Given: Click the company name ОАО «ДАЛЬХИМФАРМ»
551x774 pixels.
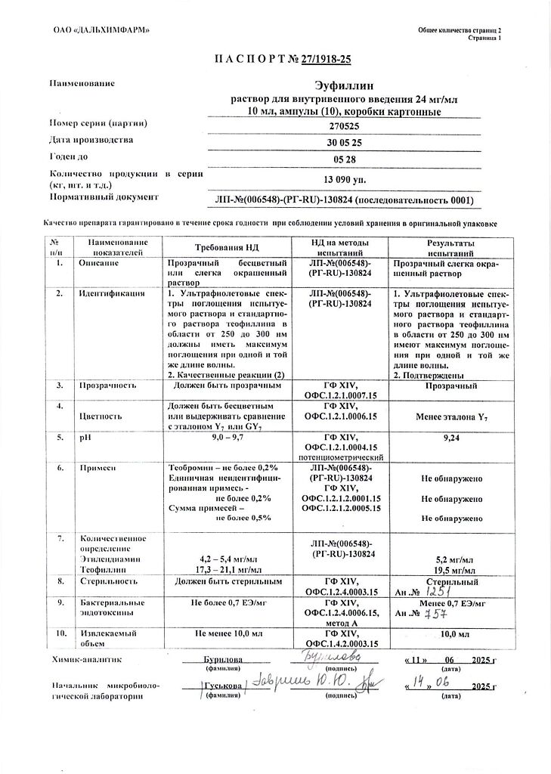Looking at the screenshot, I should (97, 29).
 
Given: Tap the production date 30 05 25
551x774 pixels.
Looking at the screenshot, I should (343, 143).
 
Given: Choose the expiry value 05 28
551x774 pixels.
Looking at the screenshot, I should (343, 160).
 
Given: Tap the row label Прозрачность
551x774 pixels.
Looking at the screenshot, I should (108, 385).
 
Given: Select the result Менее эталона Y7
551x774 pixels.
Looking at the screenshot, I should (450, 416).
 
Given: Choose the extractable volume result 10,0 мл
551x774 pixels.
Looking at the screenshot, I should (450, 633).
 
